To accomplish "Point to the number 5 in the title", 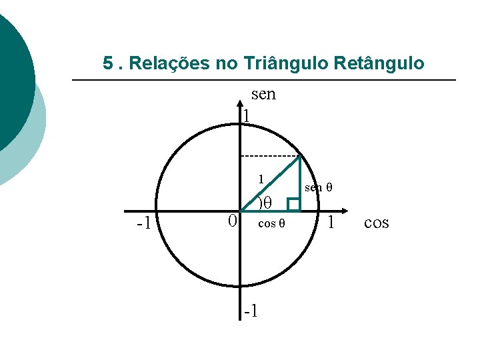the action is pos(108,64).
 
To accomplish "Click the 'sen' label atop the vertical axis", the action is pos(263,95).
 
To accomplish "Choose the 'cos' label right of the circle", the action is pos(377,223).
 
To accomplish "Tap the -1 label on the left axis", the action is pos(143,223).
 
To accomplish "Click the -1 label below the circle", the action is pos(251,311).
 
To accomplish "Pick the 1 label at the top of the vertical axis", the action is pos(247,116).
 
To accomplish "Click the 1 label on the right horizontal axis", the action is pos(331,222).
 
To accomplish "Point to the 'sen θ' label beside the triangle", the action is pos(318,188).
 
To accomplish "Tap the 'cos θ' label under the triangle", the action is pos(271,223).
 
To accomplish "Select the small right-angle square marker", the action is pos(293,205).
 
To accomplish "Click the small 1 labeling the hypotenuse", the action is pos(262,179).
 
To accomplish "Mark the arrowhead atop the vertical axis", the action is pos(241,104).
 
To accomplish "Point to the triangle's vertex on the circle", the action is pos(300,156).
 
